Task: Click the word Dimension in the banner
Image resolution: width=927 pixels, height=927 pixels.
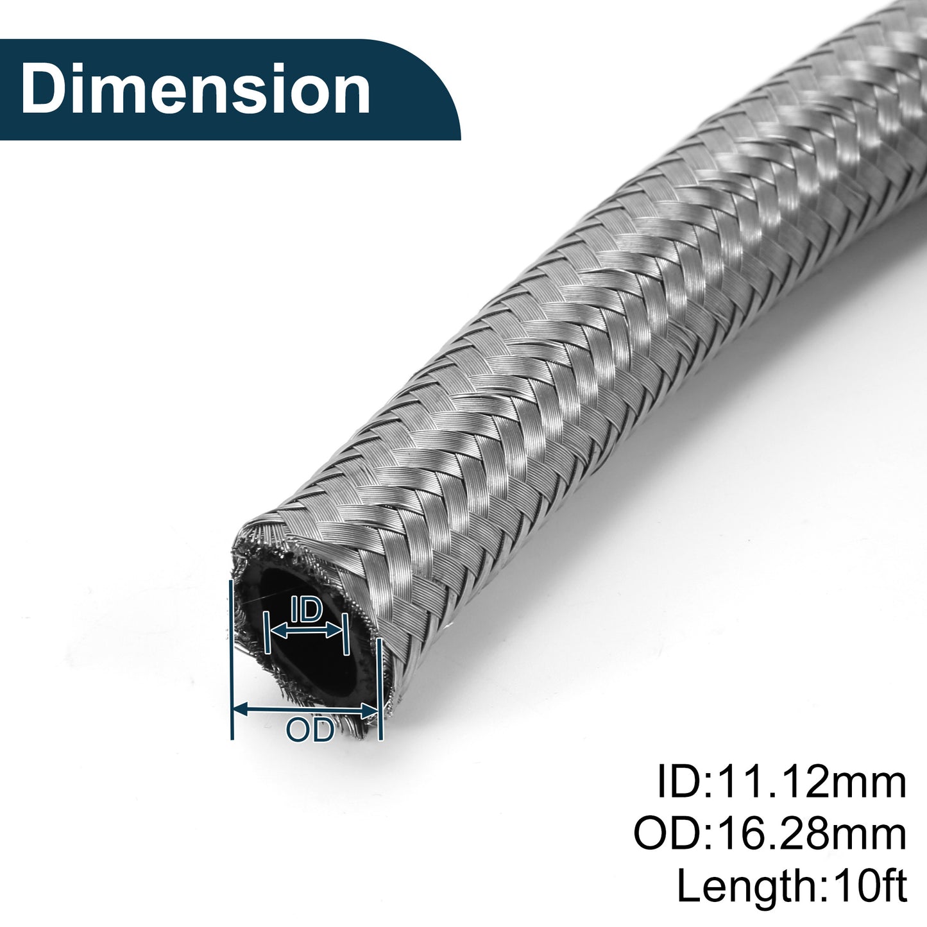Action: pyautogui.click(x=195, y=89)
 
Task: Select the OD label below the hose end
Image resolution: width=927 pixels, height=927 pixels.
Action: pyautogui.click(x=310, y=730)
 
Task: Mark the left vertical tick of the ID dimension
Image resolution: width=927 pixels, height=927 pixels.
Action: pyautogui.click(x=268, y=632)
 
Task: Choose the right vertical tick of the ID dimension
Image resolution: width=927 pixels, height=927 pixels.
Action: pyautogui.click(x=345, y=634)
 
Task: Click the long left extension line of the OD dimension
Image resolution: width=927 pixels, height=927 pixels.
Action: pyautogui.click(x=232, y=659)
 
